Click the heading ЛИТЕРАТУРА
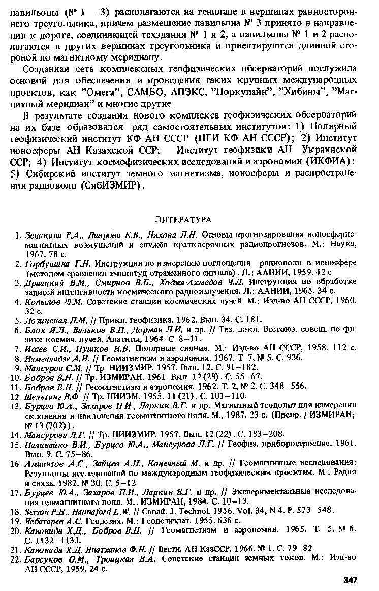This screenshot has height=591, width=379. [x=182, y=220]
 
